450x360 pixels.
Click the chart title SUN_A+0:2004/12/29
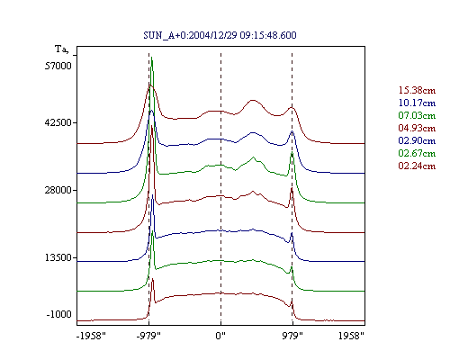coord(220,35)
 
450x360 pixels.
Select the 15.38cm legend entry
coord(417,90)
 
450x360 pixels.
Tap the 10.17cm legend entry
coord(417,103)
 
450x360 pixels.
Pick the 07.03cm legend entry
coord(417,115)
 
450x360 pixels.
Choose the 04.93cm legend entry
coord(417,128)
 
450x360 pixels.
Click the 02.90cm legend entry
coord(417,140)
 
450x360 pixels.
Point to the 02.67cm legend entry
coord(417,153)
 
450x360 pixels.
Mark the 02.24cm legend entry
coord(417,166)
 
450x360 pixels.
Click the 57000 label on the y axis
coord(58,66)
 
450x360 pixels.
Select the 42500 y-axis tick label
coord(58,122)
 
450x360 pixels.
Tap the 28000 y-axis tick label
coord(58,190)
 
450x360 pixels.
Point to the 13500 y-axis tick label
coord(58,257)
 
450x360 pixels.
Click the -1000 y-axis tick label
coord(59,314)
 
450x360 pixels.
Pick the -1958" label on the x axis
coord(91,336)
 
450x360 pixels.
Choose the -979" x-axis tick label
coord(148,336)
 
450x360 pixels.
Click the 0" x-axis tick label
coord(220,336)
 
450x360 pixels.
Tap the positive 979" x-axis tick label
coord(292,336)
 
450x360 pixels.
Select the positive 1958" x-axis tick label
coord(351,336)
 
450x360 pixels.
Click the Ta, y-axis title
coord(61,49)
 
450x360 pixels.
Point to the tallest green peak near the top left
coord(152,58)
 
